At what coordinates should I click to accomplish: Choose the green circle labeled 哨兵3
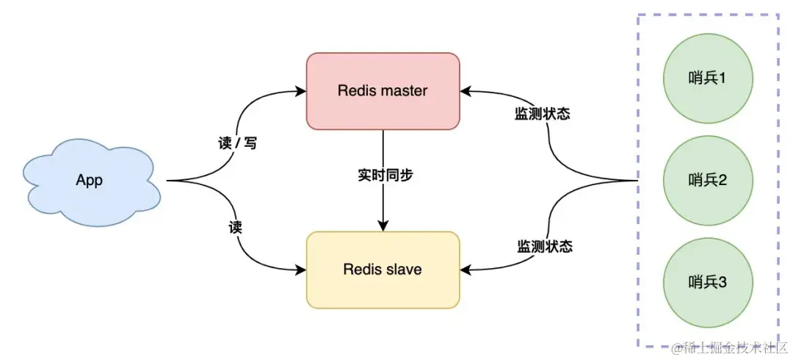pyautogui.click(x=707, y=282)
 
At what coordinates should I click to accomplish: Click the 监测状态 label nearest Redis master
pyautogui.click(x=543, y=115)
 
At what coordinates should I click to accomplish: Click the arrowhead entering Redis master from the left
pyautogui.click(x=301, y=91)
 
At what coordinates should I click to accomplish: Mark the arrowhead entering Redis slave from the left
pyautogui.click(x=301, y=270)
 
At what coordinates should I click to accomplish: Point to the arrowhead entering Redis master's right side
pyautogui.click(x=466, y=91)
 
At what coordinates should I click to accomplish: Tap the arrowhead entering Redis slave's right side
pyautogui.click(x=466, y=270)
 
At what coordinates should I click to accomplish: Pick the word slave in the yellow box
pyautogui.click(x=405, y=270)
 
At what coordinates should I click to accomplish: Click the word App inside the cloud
pyautogui.click(x=89, y=181)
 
